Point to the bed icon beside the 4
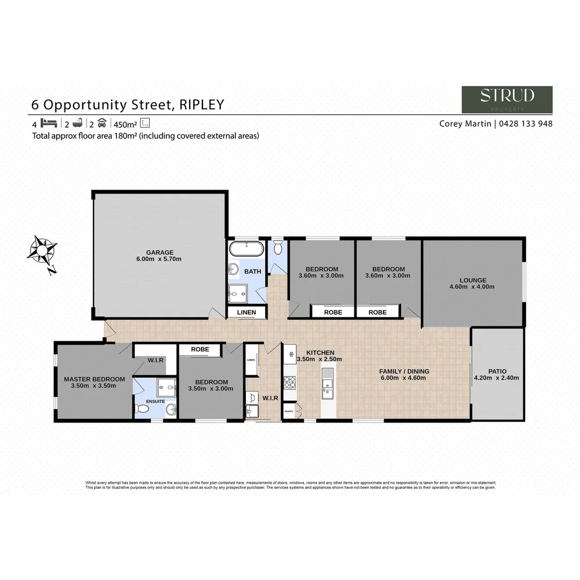click(48, 123)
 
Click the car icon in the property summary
click(102, 123)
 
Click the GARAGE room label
click(160, 252)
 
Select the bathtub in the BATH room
click(247, 249)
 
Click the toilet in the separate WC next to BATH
click(278, 248)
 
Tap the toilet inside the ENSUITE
click(142, 409)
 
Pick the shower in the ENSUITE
click(166, 385)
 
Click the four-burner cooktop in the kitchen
click(289, 382)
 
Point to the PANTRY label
click(289, 411)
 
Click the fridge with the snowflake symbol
click(289, 354)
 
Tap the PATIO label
click(497, 371)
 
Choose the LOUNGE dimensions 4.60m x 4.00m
click(472, 287)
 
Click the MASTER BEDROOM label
click(94, 379)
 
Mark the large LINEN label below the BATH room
click(247, 313)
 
